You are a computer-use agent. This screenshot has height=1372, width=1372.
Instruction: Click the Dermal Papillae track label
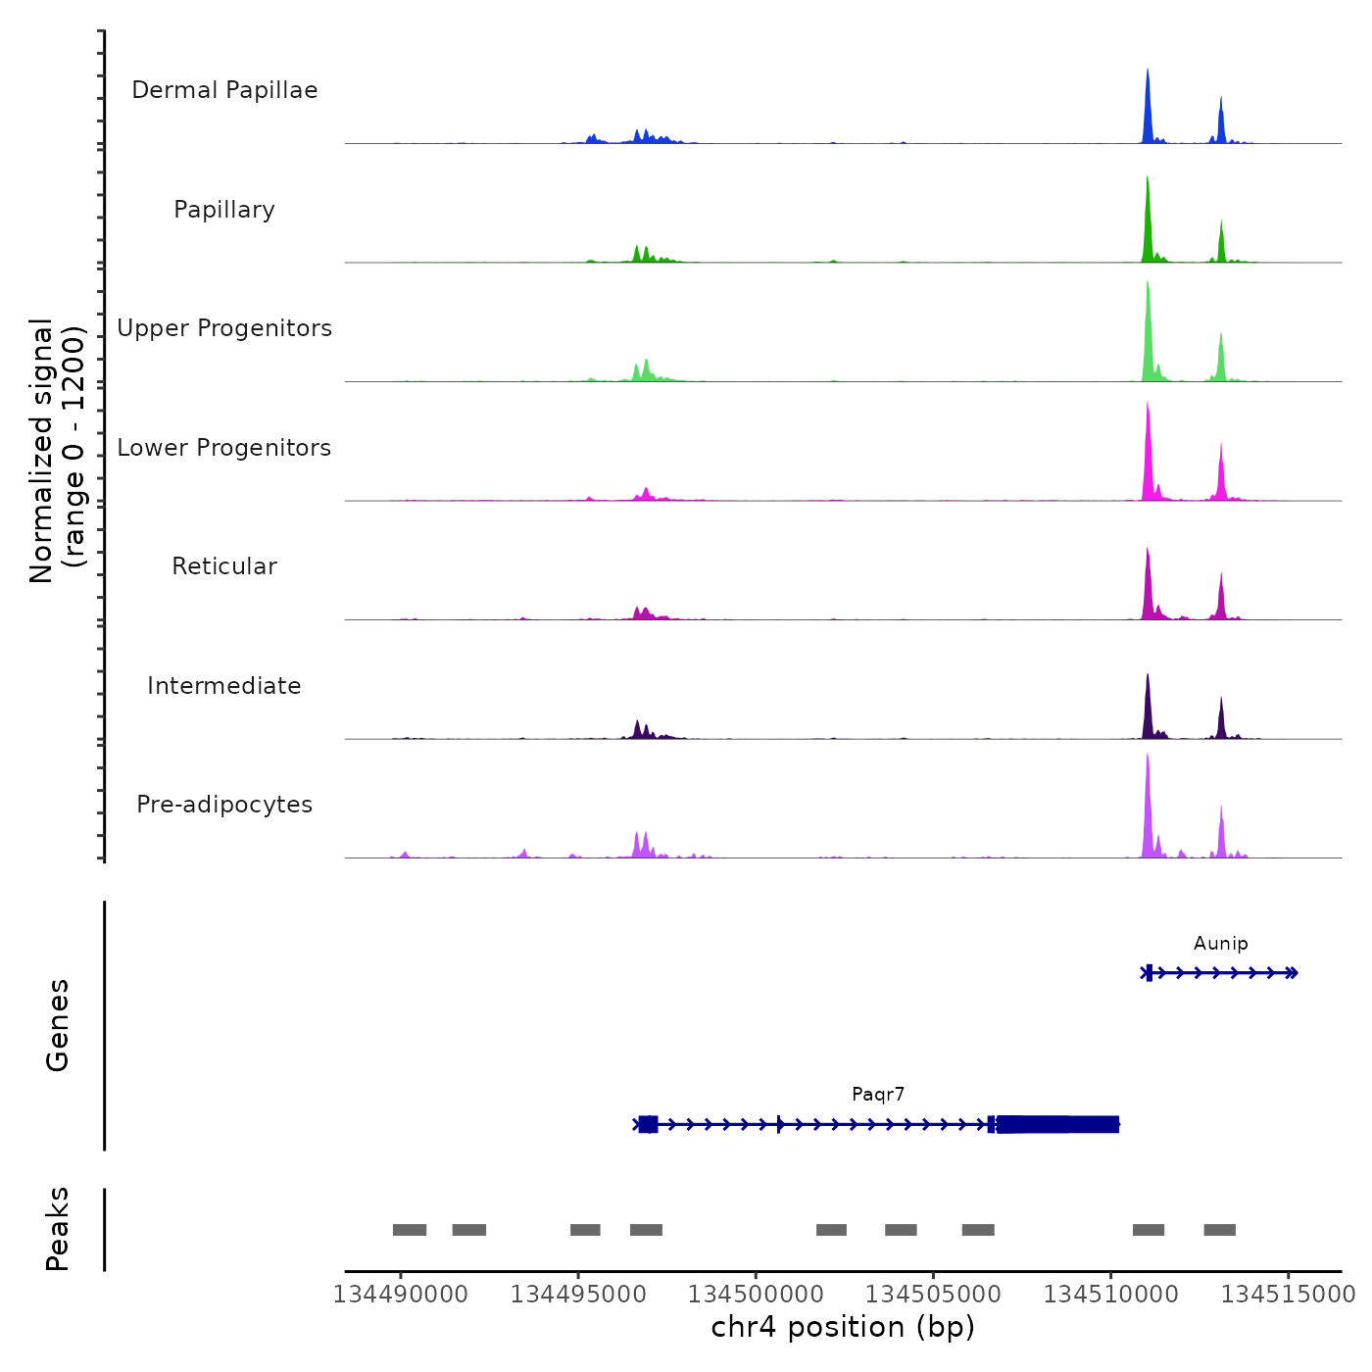pyautogui.click(x=224, y=90)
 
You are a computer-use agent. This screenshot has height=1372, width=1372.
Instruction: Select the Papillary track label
pyautogui.click(x=224, y=210)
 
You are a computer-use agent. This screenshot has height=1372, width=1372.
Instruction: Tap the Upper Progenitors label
pyautogui.click(x=224, y=328)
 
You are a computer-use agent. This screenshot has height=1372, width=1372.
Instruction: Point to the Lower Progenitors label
pyautogui.click(x=224, y=448)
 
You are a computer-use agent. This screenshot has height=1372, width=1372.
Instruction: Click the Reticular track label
pyautogui.click(x=224, y=566)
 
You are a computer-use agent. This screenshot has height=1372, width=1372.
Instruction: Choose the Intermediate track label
pyautogui.click(x=224, y=686)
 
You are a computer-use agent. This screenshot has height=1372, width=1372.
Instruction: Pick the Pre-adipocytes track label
pyautogui.click(x=224, y=805)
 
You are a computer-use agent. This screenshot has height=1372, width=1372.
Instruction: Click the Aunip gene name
pyautogui.click(x=1220, y=944)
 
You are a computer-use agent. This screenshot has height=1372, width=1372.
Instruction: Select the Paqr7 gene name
pyautogui.click(x=878, y=1095)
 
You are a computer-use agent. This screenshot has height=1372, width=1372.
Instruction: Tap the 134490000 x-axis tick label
pyautogui.click(x=400, y=1295)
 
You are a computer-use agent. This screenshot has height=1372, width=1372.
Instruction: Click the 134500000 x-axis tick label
pyautogui.click(x=756, y=1295)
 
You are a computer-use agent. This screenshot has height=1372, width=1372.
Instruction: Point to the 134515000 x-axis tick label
pyautogui.click(x=1288, y=1295)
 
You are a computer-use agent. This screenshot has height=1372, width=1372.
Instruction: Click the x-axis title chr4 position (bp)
pyautogui.click(x=843, y=1327)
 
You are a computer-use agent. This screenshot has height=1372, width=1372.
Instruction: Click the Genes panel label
pyautogui.click(x=58, y=1025)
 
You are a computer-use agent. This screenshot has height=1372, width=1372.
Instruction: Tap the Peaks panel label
pyautogui.click(x=58, y=1229)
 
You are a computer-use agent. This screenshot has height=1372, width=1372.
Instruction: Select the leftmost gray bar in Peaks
pyautogui.click(x=410, y=1230)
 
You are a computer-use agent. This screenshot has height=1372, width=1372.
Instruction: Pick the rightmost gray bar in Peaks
pyautogui.click(x=1219, y=1230)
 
